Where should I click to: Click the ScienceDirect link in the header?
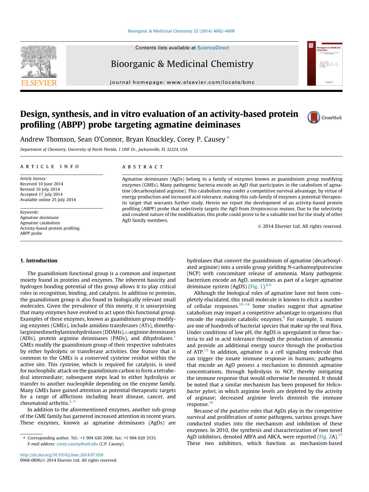pos(213,48)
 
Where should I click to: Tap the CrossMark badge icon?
pos(314,117)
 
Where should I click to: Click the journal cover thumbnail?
pos(324,63)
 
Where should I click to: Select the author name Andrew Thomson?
pos(47,140)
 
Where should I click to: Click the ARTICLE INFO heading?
pos(50,167)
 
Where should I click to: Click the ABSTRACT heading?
pos(143,167)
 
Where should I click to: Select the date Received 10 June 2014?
pos(42,184)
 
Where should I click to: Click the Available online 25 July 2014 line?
pos(48,200)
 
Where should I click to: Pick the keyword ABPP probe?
pos(31,233)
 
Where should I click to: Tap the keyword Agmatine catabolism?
pos(40,223)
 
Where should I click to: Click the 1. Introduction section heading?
pos(39,261)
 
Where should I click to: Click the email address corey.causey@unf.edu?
pos(77,444)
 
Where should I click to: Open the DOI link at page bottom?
pos(62,455)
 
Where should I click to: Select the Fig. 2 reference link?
pos(324,437)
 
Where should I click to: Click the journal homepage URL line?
pos(182,82)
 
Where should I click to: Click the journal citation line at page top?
pos(181,31)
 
